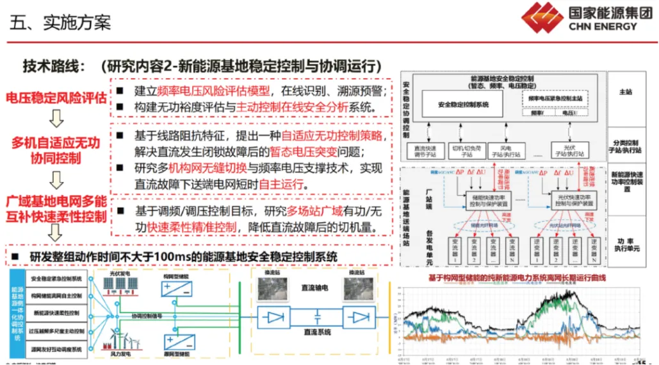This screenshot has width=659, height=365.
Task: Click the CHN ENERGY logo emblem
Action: pyautogui.click(x=541, y=18)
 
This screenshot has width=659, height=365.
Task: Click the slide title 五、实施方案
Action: pyautogui.click(x=60, y=22)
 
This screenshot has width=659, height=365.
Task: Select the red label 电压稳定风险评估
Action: pyautogui.click(x=56, y=98)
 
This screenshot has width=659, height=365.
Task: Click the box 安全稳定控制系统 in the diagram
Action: pyautogui.click(x=463, y=104)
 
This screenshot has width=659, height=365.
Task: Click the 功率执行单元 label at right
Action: pyautogui.click(x=627, y=244)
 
